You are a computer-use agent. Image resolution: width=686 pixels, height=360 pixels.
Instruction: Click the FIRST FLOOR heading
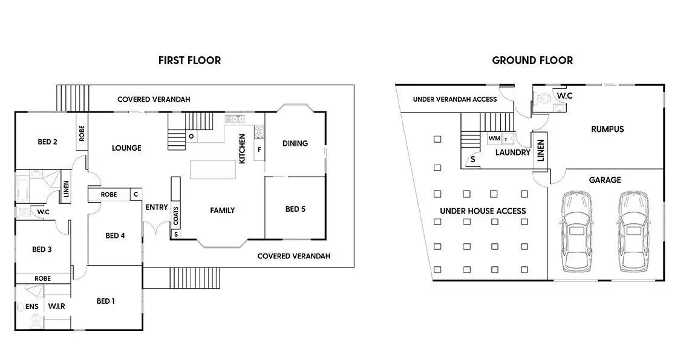(x=189, y=61)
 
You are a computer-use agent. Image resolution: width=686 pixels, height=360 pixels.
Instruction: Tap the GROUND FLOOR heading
(x=532, y=61)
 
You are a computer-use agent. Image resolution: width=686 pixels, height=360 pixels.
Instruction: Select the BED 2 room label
(x=47, y=142)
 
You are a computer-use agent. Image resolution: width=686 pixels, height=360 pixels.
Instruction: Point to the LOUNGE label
(x=126, y=148)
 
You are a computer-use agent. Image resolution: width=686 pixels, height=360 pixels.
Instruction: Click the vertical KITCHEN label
(x=242, y=149)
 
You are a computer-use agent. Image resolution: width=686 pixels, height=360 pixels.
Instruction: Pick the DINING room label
(x=295, y=143)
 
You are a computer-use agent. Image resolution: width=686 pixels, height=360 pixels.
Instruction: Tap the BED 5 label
(x=295, y=209)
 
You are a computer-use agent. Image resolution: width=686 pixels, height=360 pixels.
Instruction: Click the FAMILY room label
(x=222, y=211)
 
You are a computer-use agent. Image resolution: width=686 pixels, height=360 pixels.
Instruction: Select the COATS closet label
(x=176, y=216)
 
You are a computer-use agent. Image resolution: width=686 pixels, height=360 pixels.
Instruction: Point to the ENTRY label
(x=157, y=208)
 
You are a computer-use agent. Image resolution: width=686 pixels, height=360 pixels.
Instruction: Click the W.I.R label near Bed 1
(x=56, y=306)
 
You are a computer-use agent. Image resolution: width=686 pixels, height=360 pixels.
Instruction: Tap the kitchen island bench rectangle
(x=212, y=169)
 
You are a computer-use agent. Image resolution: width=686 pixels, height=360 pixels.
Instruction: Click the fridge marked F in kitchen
(x=260, y=149)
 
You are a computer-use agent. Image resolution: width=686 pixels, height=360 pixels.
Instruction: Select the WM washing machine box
(x=494, y=138)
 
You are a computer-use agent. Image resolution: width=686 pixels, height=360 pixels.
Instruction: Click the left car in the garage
(x=578, y=231)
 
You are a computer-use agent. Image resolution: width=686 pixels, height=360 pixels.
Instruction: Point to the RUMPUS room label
(x=607, y=129)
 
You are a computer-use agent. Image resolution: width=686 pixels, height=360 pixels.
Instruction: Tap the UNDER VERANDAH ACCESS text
(x=455, y=99)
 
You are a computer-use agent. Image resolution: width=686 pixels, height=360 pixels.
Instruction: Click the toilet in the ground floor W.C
(x=541, y=99)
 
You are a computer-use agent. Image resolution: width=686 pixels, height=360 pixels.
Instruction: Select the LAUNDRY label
(x=513, y=152)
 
